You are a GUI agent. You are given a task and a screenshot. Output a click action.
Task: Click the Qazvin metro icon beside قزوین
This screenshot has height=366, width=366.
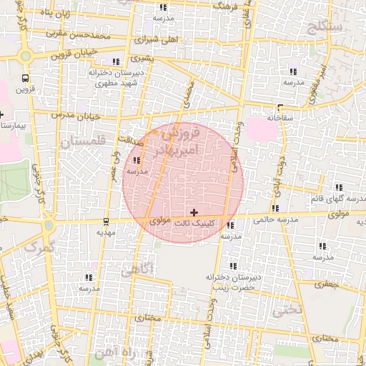pos(26,78)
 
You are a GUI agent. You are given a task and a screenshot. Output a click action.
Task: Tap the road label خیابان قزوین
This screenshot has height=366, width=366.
pos(72,53)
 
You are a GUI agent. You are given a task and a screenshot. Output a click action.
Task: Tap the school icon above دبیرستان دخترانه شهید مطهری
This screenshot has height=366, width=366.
pos(117,62)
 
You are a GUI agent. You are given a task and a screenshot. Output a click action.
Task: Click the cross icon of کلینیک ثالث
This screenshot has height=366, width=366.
pos(194,212)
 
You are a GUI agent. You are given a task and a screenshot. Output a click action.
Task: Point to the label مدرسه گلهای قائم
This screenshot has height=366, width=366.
pos(338,197)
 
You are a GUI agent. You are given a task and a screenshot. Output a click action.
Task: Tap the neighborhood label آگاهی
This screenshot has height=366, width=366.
pos(137,271)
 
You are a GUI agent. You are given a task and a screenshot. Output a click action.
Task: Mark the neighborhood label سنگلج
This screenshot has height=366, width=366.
pos(325,28)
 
